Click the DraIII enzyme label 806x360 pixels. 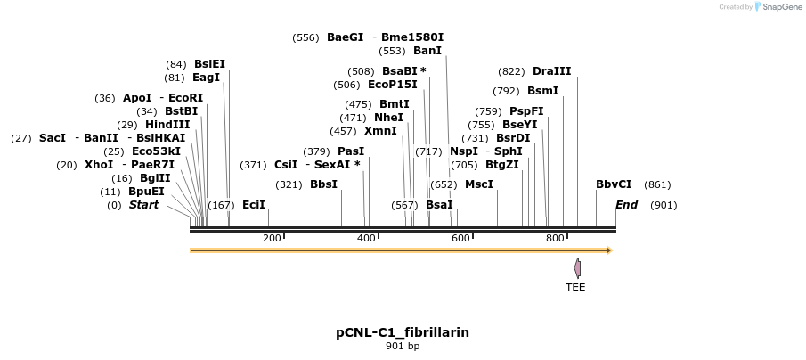click(551, 71)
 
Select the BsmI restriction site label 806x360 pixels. click(542, 91)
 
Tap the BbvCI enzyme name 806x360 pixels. click(614, 184)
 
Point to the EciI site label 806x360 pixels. click(254, 205)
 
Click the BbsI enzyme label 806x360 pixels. click(323, 184)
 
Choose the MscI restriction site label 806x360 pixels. click(479, 184)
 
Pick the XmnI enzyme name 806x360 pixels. click(380, 131)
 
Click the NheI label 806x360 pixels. click(388, 118)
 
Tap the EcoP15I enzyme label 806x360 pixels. click(392, 85)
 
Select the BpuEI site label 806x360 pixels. click(146, 192)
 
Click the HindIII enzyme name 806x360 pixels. click(167, 125)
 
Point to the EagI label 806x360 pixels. click(206, 78)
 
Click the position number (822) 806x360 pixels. click(512, 71)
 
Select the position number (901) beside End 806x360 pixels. click(664, 205)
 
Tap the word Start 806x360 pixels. click(143, 205)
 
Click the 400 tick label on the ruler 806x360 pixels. click(365, 238)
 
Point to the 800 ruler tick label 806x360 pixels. click(554, 238)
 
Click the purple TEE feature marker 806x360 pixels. click(577, 267)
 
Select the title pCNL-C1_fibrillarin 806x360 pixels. click(403, 332)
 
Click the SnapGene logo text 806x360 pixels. click(778, 7)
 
